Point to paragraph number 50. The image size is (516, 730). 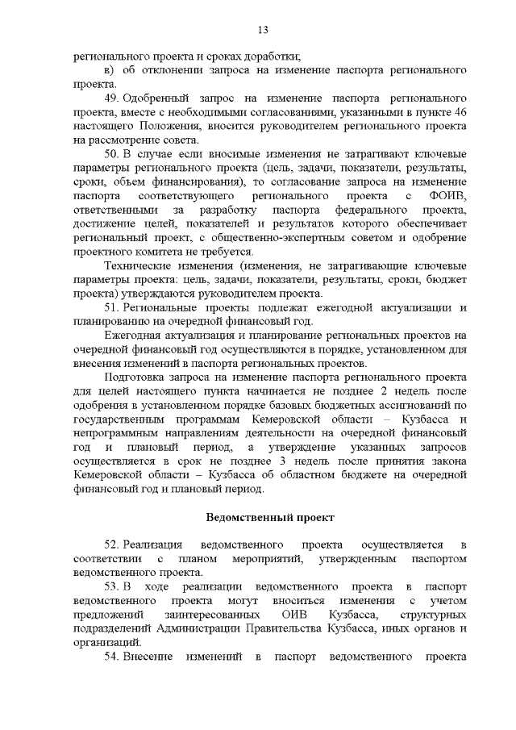pos(113,153)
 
